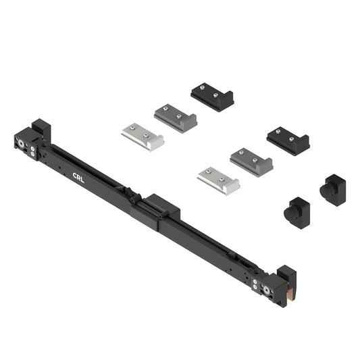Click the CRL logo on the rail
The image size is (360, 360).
click(78, 177)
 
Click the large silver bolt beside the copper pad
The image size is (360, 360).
click(268, 290)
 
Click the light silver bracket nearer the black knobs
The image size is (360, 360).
click(217, 180)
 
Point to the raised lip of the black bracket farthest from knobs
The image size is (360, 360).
click(228, 100)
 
